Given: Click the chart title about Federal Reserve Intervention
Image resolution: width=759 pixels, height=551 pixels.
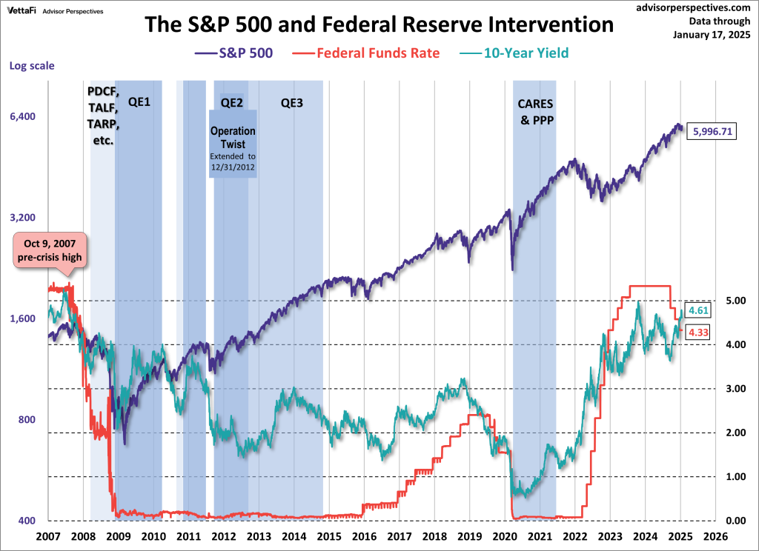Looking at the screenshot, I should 379,24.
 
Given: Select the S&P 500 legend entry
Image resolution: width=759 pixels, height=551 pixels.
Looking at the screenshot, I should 236,53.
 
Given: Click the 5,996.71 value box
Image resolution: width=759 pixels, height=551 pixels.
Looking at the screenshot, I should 712,131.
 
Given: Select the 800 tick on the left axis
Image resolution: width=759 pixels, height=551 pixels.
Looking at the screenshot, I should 26,420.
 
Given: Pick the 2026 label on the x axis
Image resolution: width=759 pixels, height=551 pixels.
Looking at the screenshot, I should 715,535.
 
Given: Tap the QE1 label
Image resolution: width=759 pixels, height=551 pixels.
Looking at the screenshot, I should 139,101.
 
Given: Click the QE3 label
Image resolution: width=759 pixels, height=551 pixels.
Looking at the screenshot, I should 291,102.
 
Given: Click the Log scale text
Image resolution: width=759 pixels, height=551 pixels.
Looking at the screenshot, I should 32,65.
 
